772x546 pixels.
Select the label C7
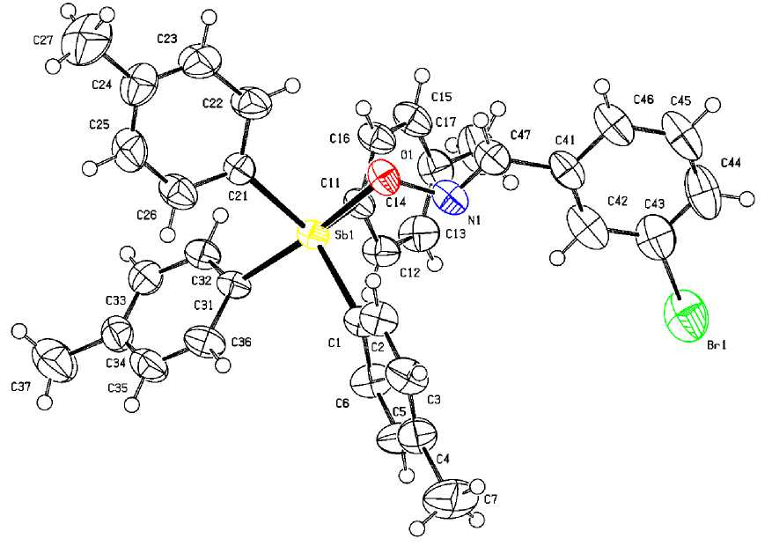(x=489, y=499)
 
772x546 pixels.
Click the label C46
(x=643, y=100)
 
